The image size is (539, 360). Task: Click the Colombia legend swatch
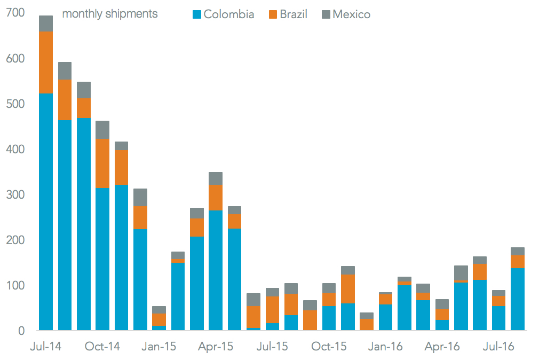196,14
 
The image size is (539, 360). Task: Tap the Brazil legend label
294,14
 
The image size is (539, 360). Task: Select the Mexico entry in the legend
351,14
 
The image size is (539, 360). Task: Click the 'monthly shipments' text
110,14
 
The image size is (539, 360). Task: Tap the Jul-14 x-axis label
46,347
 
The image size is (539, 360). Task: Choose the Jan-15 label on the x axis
159,347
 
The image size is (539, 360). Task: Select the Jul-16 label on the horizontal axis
498,347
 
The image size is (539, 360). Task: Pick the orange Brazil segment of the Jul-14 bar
46,62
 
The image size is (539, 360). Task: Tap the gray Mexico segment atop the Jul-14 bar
46,24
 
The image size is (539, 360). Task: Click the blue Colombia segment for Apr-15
216,270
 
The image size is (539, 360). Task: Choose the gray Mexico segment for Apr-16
442,304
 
